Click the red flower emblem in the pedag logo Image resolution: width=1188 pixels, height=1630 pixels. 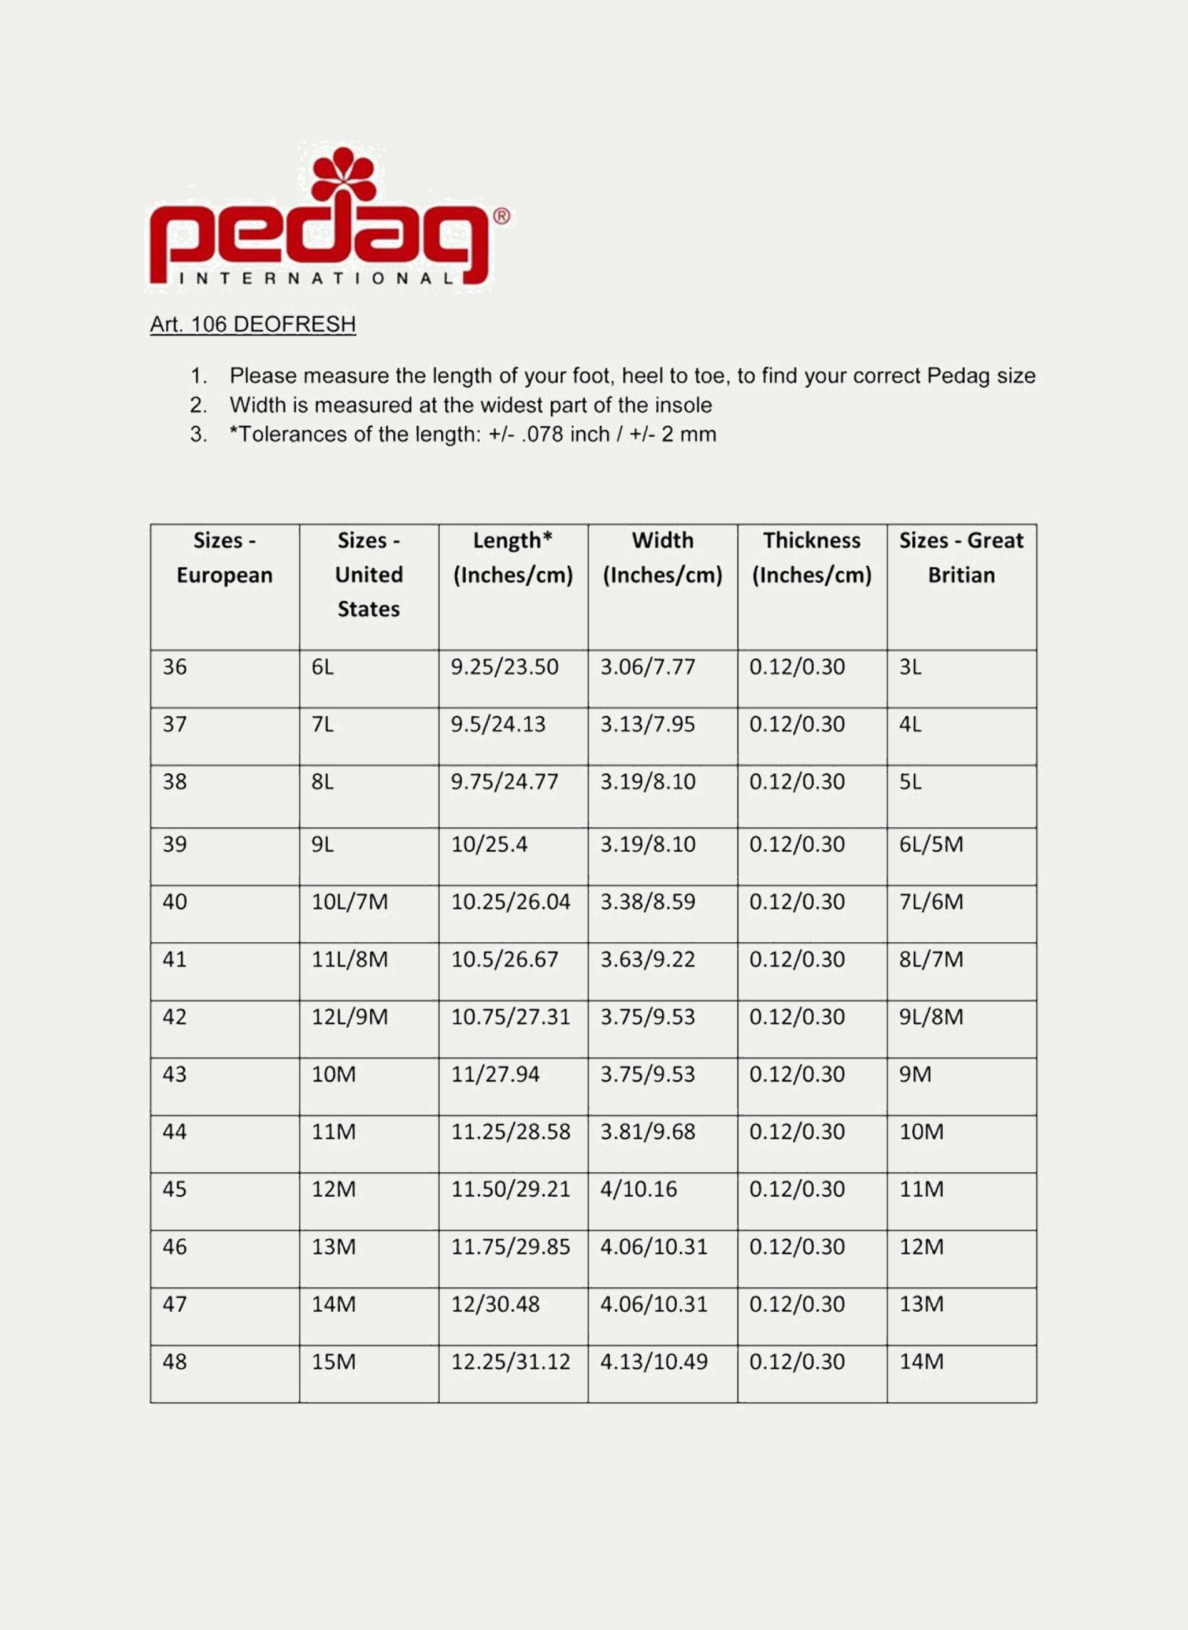point(344,174)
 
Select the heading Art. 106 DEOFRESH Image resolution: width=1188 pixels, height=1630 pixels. point(253,324)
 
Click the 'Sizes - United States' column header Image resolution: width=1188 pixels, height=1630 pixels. point(368,575)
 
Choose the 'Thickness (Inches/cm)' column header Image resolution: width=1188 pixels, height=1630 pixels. point(811,558)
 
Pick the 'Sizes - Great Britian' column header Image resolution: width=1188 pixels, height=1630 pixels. point(961,558)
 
